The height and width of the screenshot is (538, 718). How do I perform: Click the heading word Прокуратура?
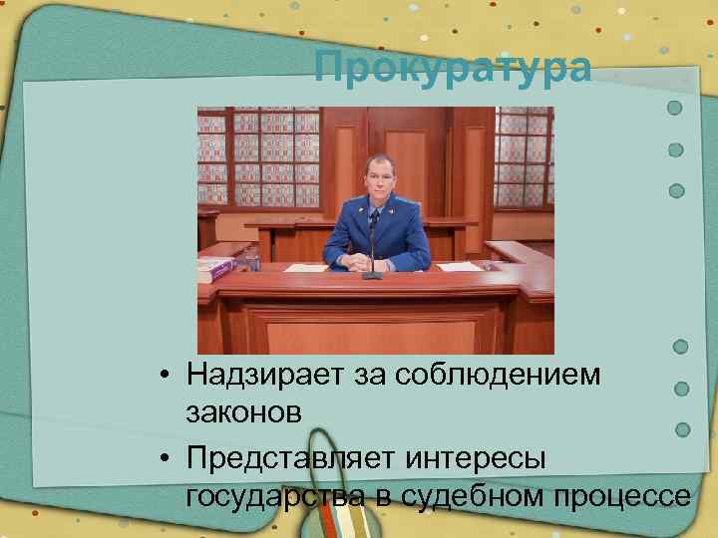pos(452,69)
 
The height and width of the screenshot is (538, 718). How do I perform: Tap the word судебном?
pos(464,495)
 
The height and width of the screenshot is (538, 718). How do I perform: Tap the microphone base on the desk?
pos(372,274)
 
